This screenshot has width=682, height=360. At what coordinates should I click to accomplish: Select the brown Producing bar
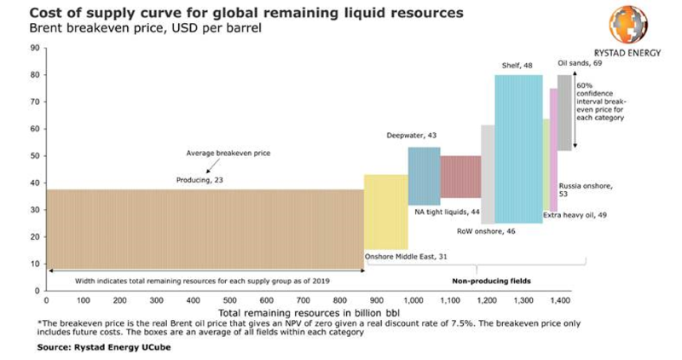(205, 229)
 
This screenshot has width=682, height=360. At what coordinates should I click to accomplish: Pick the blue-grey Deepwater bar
(424, 175)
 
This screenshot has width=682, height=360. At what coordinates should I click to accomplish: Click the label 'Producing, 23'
(199, 180)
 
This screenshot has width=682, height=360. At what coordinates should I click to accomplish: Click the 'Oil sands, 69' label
(577, 63)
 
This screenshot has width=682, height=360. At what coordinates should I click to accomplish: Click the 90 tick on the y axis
(36, 48)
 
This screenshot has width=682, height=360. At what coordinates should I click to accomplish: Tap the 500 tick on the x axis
(229, 301)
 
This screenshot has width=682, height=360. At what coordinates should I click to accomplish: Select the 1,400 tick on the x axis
(560, 301)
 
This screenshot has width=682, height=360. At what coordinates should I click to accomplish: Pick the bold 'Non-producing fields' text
(488, 280)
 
